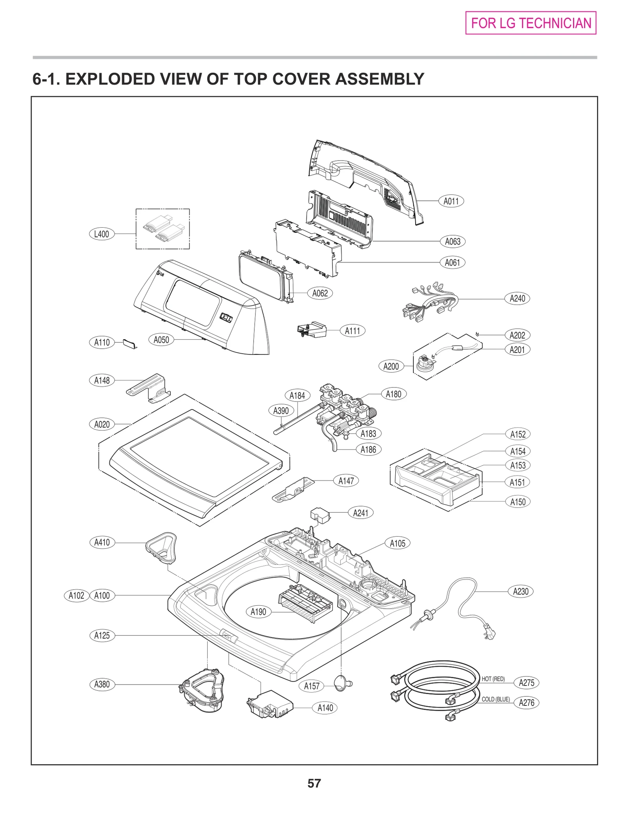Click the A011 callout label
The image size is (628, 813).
coord(451,201)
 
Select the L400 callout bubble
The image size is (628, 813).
coord(101,234)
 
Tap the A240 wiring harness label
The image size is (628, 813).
coord(517,298)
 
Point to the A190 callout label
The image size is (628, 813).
coord(258,612)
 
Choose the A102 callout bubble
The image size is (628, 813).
coord(76,596)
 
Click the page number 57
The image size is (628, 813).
coord(314,783)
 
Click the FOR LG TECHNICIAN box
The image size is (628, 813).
coord(531,23)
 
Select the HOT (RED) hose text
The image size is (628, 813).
coord(493,679)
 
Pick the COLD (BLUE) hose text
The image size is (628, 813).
coord(496,699)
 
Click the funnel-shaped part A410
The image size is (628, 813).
coord(161,547)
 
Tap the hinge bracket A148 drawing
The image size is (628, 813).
coord(149,388)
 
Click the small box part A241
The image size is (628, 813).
coord(320,515)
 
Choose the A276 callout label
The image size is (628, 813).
coord(526,703)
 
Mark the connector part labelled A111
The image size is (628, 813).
coord(312,330)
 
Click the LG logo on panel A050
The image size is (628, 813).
coord(160,273)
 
